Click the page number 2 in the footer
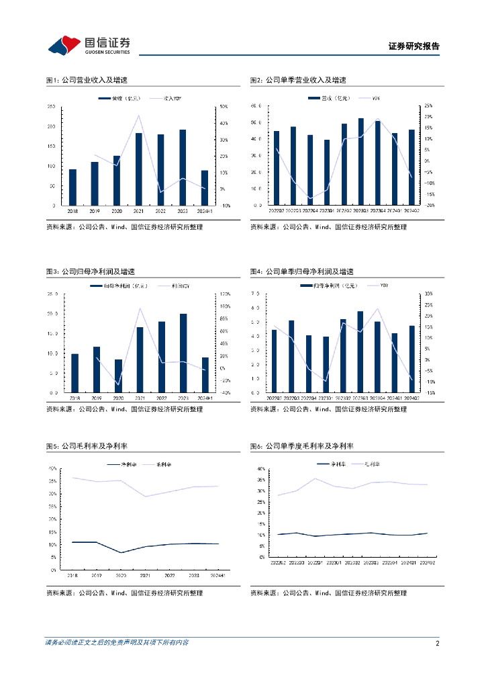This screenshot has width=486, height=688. click(437, 643)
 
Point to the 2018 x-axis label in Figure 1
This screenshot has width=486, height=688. click(72, 210)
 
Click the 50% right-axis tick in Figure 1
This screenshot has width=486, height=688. click(225, 107)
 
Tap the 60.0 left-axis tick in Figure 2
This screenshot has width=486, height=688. click(255, 106)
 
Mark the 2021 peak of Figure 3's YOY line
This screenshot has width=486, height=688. click(139, 308)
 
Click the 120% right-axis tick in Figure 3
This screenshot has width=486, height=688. click(226, 294)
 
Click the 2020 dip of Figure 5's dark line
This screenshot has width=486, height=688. click(121, 553)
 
